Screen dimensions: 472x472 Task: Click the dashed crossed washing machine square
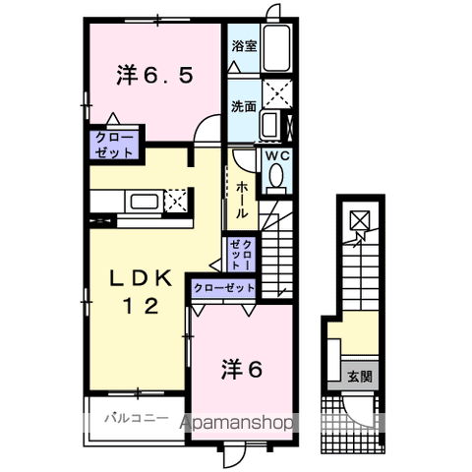point(277,95)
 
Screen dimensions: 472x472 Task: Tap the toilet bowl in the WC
point(274,177)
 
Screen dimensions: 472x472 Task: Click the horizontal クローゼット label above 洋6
point(224,288)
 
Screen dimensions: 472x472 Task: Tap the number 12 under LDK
point(141,306)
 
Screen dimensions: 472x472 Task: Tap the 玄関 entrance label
point(359,376)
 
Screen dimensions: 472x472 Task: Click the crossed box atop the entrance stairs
point(359,222)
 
